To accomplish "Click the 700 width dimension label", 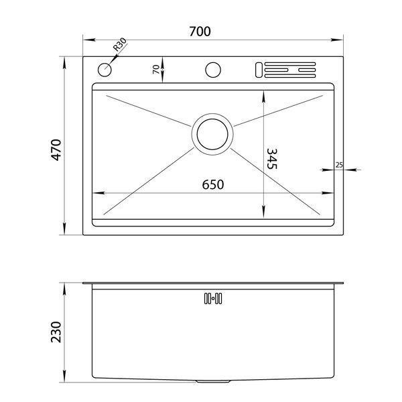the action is [200, 31].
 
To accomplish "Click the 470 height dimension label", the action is [56, 150].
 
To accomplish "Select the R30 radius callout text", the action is [120, 44].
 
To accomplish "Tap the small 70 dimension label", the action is [156, 70].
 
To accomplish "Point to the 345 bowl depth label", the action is [272, 159].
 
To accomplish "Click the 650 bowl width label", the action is [213, 185].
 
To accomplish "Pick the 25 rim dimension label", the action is [339, 165].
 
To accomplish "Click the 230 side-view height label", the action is [56, 332].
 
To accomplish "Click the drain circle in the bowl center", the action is [212, 135].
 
